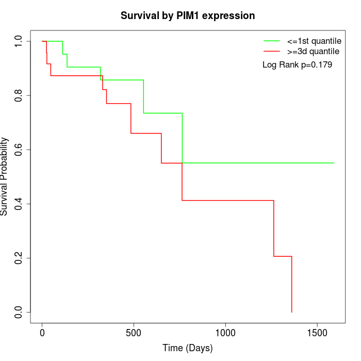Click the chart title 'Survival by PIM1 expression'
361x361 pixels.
click(188, 16)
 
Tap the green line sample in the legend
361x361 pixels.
click(272, 40)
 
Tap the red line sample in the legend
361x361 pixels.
click(272, 51)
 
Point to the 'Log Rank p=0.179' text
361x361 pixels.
click(297, 65)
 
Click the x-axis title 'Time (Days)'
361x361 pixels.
click(188, 348)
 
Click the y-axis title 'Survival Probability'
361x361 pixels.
click(5, 176)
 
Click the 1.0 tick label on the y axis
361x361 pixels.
click(19, 41)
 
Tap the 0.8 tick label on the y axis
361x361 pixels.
click(19, 95)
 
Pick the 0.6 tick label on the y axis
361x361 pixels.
click(19, 150)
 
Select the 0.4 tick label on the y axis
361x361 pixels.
click(19, 204)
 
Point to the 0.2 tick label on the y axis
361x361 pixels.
click(19, 258)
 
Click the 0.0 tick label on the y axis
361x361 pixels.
click(19, 312)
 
